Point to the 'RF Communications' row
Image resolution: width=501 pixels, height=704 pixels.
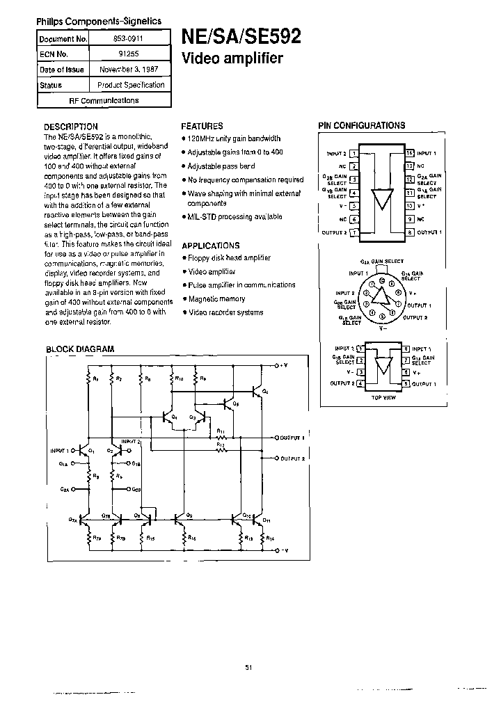click(104, 100)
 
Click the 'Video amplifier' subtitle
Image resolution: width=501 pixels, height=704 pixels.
click(232, 58)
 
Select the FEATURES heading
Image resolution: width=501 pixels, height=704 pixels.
click(202, 127)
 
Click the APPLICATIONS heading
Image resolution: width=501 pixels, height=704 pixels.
click(210, 246)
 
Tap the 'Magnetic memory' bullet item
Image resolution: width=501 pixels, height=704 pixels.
click(217, 298)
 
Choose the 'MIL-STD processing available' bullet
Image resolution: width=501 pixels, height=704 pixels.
click(235, 217)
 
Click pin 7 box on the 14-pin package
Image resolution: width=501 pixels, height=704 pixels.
click(353, 232)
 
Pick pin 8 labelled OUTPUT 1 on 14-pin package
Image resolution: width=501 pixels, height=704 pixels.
click(410, 232)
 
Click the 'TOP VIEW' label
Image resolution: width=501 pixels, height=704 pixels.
click(383, 398)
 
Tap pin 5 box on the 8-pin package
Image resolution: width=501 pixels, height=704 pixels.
click(404, 383)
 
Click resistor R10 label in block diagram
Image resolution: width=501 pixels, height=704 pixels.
click(180, 379)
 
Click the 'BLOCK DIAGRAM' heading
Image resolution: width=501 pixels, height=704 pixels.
click(80, 349)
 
